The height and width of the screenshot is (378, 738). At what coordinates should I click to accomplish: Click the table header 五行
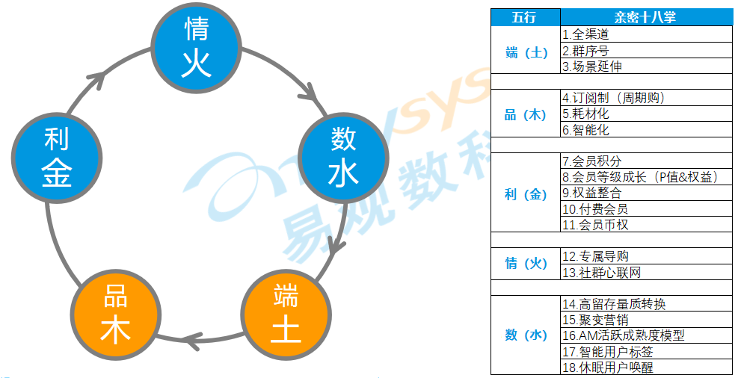pos(525,17)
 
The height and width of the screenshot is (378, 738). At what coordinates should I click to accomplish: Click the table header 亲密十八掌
pos(645,17)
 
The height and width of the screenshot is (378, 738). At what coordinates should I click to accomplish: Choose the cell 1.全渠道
pos(645,34)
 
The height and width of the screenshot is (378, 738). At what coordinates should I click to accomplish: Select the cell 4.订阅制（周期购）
pos(645,98)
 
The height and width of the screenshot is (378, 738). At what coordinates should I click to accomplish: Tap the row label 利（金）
pos(525,195)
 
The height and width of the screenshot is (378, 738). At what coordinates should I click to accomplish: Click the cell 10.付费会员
pos(645,209)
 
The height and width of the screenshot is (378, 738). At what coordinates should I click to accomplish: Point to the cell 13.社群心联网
pos(645,273)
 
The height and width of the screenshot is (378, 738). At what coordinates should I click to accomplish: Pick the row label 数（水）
pos(525,335)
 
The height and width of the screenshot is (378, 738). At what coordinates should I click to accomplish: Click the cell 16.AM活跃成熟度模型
pos(645,335)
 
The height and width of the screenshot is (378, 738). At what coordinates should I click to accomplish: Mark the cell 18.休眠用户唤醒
pos(645,367)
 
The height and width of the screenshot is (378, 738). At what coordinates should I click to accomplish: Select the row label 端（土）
pos(525,52)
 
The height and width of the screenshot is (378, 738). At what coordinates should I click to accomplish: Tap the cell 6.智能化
pos(645,129)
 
